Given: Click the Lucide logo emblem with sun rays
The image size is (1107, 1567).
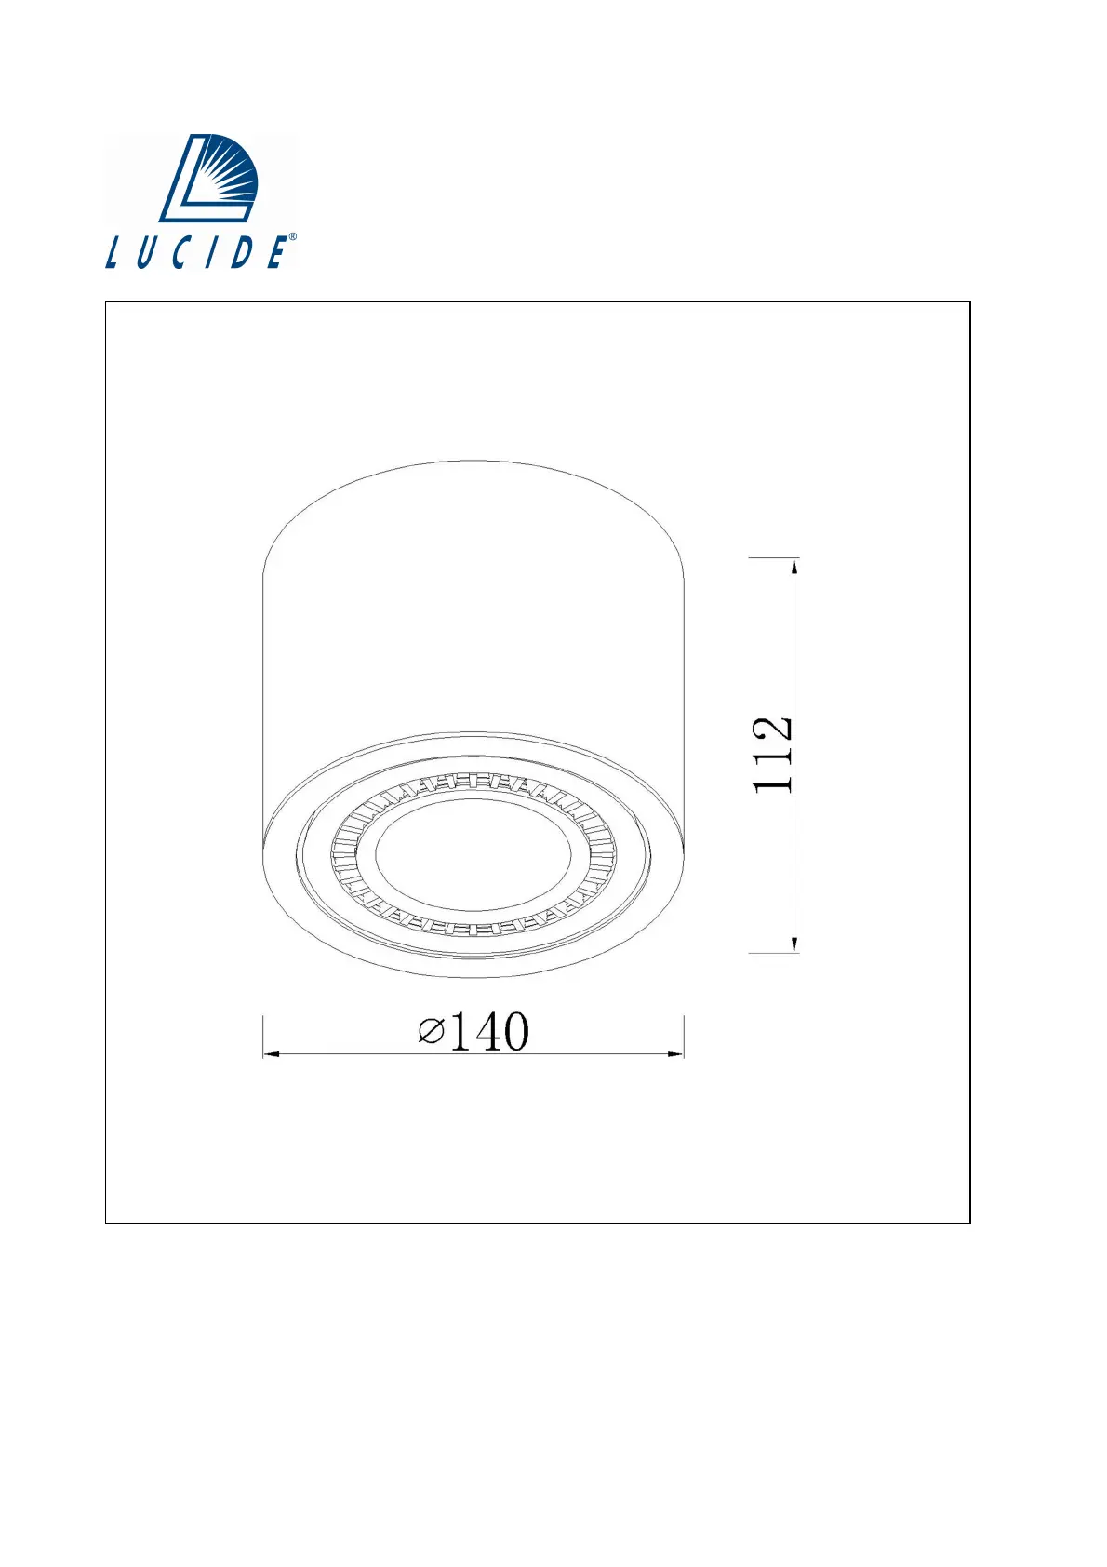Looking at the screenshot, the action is pyautogui.click(x=208, y=178).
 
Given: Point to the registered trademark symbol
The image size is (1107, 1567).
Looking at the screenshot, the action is pyautogui.click(x=292, y=236).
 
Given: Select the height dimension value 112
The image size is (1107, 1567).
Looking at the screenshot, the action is pyautogui.click(x=772, y=755).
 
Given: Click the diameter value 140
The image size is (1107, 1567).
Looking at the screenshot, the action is pyautogui.click(x=488, y=1031).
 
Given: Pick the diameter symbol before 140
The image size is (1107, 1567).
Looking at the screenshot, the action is pyautogui.click(x=432, y=1031).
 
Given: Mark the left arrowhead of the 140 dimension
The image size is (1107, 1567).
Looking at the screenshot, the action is pyautogui.click(x=272, y=1053).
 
